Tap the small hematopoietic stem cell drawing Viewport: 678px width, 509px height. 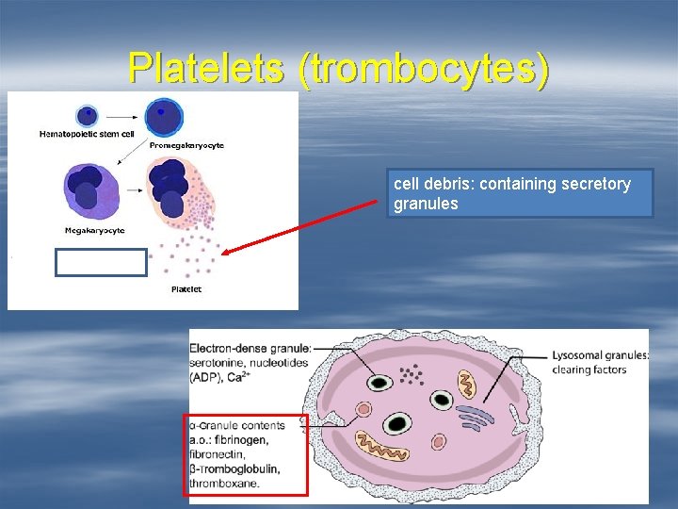(x=87, y=115)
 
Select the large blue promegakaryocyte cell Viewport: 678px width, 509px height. (x=164, y=117)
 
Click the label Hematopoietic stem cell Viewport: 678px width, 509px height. (x=87, y=135)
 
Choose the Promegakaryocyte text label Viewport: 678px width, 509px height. (x=186, y=145)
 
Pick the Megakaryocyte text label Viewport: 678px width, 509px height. (x=94, y=231)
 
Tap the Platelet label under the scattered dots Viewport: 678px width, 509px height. (x=186, y=289)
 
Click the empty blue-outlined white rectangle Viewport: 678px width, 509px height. (x=101, y=262)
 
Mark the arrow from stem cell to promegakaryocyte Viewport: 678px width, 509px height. (x=121, y=115)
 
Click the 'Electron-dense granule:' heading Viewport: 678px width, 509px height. (x=250, y=350)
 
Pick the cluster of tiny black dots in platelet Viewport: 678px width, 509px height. (x=411, y=375)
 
